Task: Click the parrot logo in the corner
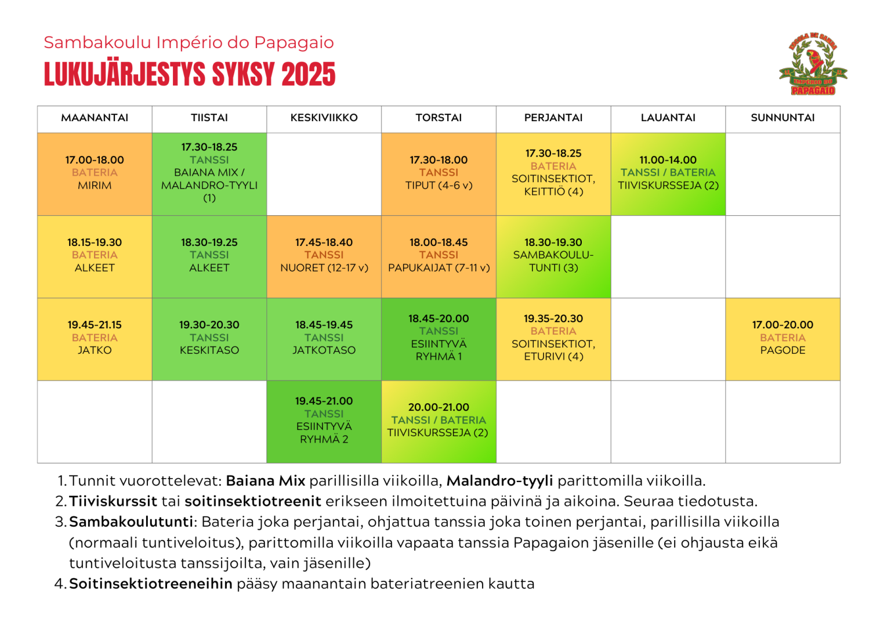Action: pos(813,64)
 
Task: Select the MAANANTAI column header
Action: pos(95,118)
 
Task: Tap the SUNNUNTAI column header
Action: pos(783,118)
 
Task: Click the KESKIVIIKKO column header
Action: pos(324,118)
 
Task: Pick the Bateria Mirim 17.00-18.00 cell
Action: pos(95,173)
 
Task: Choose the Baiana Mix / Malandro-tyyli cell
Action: pos(209,173)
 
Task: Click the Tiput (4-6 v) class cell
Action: pos(439,173)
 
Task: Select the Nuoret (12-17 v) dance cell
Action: pos(324,255)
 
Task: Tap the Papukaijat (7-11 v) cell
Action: pos(439,255)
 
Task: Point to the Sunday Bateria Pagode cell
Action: pos(783,338)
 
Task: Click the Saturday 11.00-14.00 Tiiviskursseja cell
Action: pos(668,173)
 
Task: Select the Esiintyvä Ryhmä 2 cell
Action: pos(324,421)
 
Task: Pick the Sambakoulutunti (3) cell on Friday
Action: pos(553,255)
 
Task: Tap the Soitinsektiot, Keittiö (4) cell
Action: pos(553,173)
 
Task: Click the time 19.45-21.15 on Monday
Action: pos(95,325)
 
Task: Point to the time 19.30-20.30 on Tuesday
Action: pos(209,325)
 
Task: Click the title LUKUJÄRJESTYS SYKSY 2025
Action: pos(190,75)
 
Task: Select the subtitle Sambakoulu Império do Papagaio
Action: pos(189,42)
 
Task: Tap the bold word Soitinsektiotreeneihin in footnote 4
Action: pos(151,584)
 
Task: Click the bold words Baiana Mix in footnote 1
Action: pos(266,481)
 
